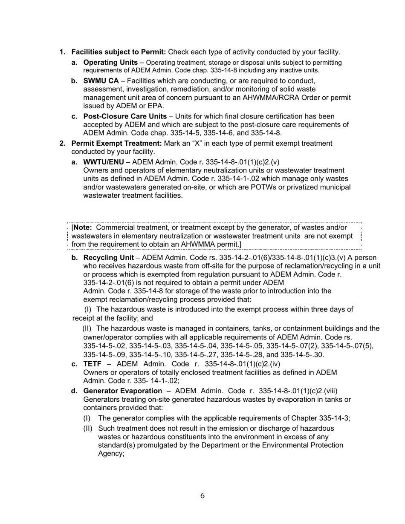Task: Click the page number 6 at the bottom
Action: click(202, 496)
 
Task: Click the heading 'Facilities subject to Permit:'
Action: click(119, 52)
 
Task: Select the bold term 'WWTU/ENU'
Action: click(104, 162)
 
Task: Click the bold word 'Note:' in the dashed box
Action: click(83, 227)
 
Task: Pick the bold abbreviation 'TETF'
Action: click(92, 364)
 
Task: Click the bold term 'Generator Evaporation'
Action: click(123, 391)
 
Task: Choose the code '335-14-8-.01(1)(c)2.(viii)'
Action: click(298, 391)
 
